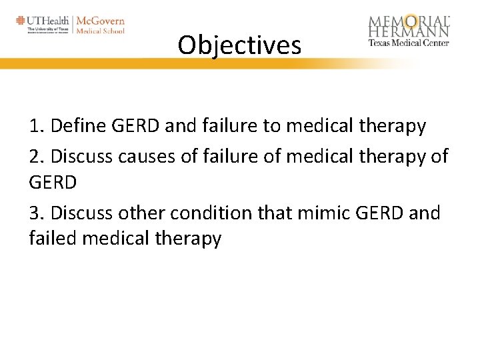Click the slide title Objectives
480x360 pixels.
(239, 45)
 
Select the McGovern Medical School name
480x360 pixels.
(100, 25)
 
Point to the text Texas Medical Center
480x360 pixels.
(409, 43)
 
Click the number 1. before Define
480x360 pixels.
(37, 125)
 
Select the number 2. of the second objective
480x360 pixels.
(37, 155)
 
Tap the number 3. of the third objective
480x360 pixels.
(37, 213)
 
